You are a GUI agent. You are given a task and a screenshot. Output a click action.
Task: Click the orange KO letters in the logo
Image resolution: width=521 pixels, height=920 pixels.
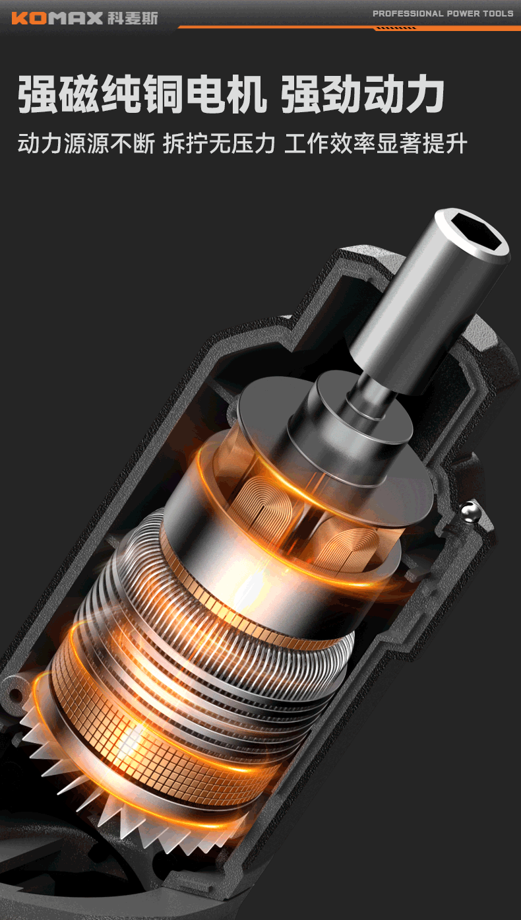coord(30,18)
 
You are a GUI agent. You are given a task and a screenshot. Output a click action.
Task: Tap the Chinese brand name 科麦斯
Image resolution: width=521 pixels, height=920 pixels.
coord(133,18)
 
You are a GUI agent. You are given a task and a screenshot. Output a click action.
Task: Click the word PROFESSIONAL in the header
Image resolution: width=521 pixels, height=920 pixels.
coord(408,14)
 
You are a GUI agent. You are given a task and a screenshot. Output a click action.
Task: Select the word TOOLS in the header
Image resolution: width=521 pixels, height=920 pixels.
coord(498,14)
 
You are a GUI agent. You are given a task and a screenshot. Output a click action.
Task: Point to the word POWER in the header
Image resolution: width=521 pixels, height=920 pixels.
coord(463,14)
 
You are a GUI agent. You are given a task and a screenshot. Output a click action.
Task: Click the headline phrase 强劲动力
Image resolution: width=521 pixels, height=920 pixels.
coord(363,94)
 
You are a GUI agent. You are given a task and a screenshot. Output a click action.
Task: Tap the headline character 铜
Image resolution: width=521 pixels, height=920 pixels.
coord(164,94)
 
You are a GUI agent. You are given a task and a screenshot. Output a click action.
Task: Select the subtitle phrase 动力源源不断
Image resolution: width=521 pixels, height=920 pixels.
coord(86,143)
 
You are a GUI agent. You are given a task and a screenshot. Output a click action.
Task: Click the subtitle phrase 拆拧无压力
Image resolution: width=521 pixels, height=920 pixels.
coord(219,143)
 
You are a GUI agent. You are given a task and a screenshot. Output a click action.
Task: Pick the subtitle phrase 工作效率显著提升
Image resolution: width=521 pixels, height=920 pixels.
coord(376,143)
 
